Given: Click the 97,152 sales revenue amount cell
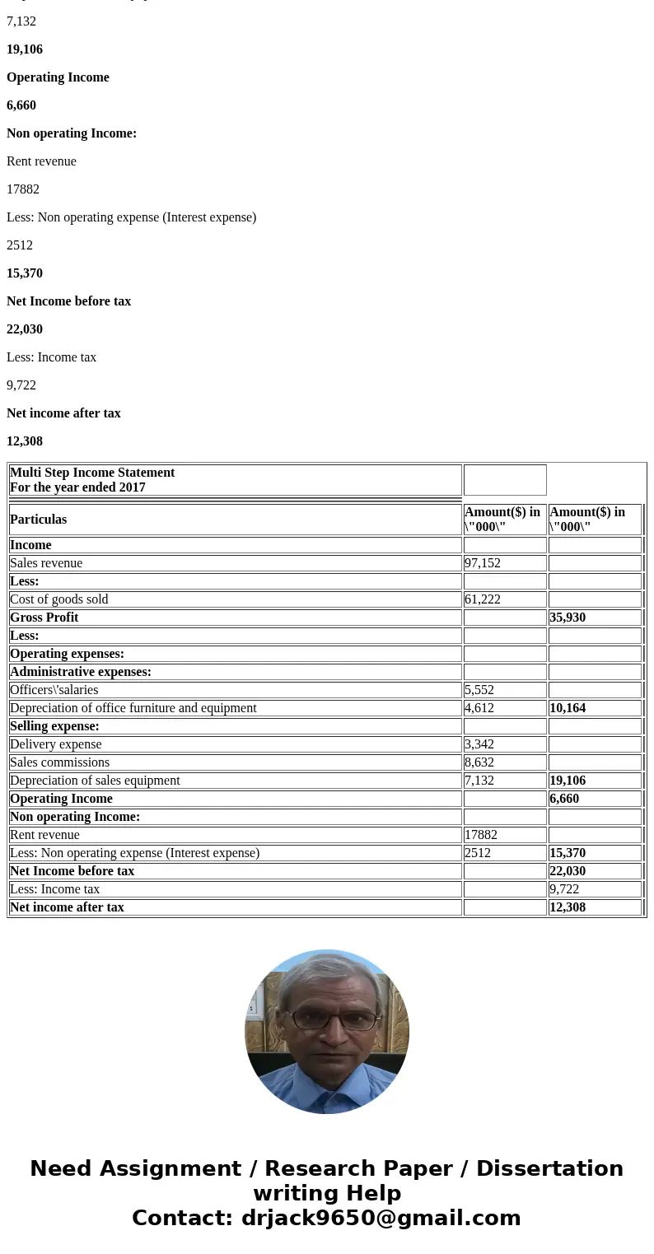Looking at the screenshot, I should tap(483, 563).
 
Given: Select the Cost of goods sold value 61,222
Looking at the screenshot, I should tap(483, 599).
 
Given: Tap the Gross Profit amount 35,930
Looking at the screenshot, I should tap(568, 618).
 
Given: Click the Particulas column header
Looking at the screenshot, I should tap(39, 520).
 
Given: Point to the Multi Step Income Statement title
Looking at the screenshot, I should tap(92, 473).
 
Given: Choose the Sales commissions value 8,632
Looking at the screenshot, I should tap(479, 762).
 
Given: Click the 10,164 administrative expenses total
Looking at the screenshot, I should tap(568, 708).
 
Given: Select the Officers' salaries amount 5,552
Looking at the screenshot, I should tap(479, 690).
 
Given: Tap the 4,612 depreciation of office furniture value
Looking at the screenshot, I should tap(479, 708).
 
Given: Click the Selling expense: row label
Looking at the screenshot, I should tap(54, 726).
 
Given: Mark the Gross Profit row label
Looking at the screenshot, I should tap(44, 618).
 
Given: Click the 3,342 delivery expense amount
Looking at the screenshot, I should tap(479, 744).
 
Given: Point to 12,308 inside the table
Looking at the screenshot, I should tap(568, 907).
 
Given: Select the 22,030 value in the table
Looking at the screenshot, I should tap(568, 871).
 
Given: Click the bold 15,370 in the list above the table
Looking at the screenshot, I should tap(25, 273).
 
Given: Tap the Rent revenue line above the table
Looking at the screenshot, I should tap(41, 161).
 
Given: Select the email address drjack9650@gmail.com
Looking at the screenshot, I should tap(381, 1218).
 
